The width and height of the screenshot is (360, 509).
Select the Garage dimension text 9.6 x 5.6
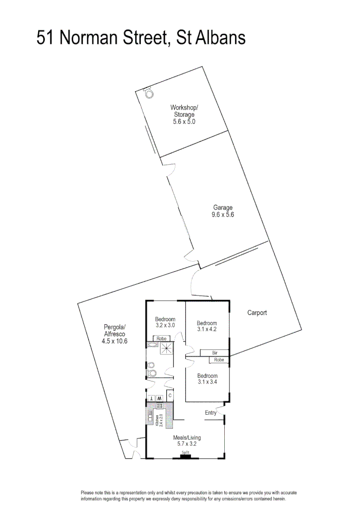click(223, 214)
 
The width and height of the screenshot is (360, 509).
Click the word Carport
click(257, 312)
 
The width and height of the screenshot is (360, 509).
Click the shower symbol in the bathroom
click(166, 348)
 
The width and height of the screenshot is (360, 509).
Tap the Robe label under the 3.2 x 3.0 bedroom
click(162, 338)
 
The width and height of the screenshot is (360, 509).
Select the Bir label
click(214, 353)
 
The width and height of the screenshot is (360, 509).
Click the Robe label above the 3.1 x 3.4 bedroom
click(219, 360)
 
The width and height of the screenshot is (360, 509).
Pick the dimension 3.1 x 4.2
click(207, 329)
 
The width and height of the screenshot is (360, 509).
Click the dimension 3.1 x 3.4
click(207, 382)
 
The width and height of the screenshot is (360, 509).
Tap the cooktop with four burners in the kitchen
click(160, 406)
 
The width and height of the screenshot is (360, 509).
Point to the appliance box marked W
click(159, 398)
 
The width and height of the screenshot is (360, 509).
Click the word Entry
click(211, 413)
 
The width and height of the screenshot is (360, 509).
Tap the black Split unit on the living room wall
click(185, 456)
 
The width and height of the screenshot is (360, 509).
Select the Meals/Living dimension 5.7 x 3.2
click(187, 443)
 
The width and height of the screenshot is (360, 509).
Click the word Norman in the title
click(90, 38)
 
